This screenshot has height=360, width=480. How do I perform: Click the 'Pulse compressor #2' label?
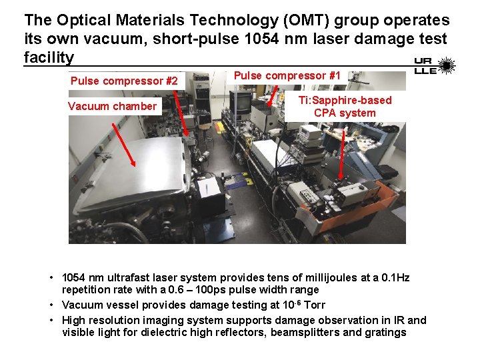coord(124,81)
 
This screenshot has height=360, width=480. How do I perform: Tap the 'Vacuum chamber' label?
coord(112,106)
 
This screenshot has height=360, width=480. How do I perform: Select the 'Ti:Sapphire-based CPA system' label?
coord(345,106)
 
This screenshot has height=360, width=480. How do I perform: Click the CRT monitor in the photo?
coord(241,103)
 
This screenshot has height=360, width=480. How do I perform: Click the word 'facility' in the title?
coord(49,57)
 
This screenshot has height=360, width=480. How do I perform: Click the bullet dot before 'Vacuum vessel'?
coord(51,304)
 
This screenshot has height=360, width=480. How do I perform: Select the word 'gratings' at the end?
coord(384,332)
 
